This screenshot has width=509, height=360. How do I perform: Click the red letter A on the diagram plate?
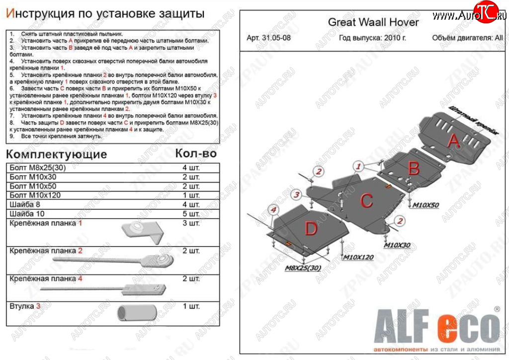coord(453,142)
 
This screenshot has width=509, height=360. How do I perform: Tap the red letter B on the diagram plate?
coord(414,169)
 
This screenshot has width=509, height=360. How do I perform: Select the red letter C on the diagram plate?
coord(366,201)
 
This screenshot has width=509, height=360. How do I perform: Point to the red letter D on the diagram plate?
coord(311,229)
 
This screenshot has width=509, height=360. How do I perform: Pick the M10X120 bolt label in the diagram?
coord(357,257)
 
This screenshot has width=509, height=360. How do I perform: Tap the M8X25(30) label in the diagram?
coord(302,269)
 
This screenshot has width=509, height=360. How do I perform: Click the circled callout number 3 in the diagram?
coord(296,194)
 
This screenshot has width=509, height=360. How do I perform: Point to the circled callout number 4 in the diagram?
coord(272,211)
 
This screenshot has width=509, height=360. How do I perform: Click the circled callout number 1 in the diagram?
coord(358,166)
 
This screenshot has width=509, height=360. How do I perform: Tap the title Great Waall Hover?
coord(373,22)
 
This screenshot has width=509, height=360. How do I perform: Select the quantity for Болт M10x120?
coord(191,195)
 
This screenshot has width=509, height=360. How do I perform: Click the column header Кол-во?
coord(196,153)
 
